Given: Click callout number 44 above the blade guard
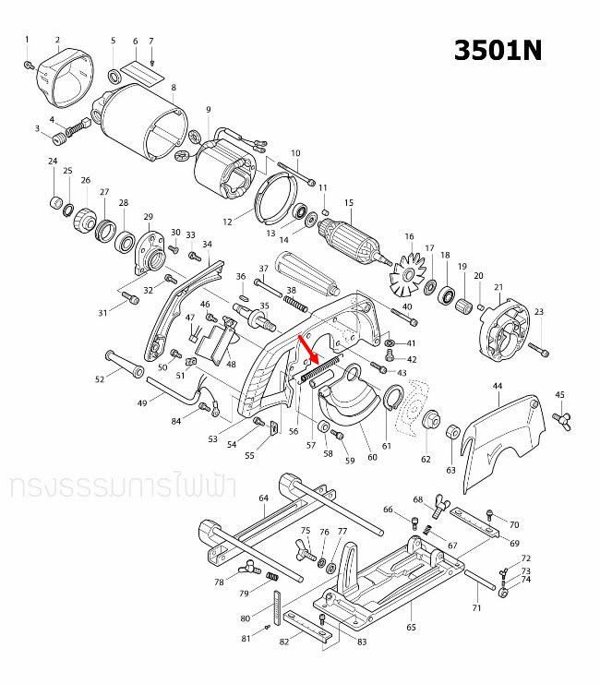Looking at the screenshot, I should point(497,385).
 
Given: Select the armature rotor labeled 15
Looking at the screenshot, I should point(354,240).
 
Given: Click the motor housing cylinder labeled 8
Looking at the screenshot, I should point(144,124).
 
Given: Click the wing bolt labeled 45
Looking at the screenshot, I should point(559,420).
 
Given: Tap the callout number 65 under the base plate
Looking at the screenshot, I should point(409,628).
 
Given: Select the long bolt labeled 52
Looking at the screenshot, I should point(121,362).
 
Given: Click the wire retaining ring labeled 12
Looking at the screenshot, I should point(273,197).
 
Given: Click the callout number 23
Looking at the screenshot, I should point(539,311).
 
